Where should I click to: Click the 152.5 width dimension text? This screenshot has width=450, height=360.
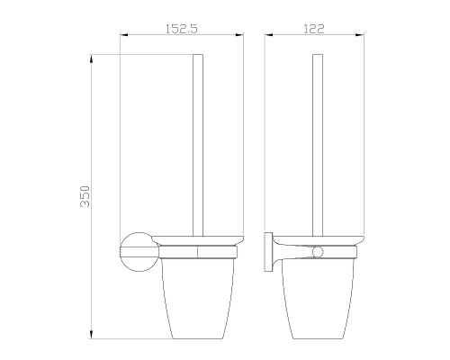183,28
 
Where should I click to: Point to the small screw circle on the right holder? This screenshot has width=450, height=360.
316,248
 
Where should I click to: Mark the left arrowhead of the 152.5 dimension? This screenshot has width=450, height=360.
124,37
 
